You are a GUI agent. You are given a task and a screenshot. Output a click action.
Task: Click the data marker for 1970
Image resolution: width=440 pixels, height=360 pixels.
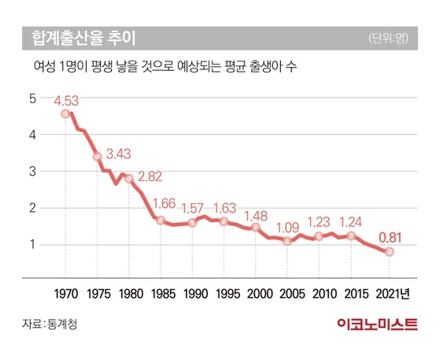pos(65,114)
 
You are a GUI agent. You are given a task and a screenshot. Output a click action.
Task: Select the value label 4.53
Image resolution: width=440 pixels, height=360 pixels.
pos(68,100)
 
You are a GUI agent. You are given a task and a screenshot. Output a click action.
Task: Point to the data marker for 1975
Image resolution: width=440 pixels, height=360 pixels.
pos(98,157)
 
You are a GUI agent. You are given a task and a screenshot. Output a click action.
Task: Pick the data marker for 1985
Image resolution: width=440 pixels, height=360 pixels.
pos(161,221)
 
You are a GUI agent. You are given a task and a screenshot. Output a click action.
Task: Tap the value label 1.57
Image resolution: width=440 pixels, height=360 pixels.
pos(194,209)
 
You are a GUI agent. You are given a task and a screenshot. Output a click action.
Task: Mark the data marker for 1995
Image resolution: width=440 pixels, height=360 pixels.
pos(224,221)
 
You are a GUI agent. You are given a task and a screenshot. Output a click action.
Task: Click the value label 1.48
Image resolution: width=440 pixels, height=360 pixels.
pos(257,215)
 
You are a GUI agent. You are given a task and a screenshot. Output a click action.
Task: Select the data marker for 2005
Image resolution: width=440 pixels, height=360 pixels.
pos(287,241)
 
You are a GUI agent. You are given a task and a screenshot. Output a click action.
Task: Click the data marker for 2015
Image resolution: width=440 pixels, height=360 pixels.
pos(351,236)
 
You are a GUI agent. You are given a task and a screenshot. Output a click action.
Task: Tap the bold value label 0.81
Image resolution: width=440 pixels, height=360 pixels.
pos(389,236)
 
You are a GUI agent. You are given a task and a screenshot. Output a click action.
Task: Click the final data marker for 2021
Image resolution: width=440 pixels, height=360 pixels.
pos(389,252)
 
